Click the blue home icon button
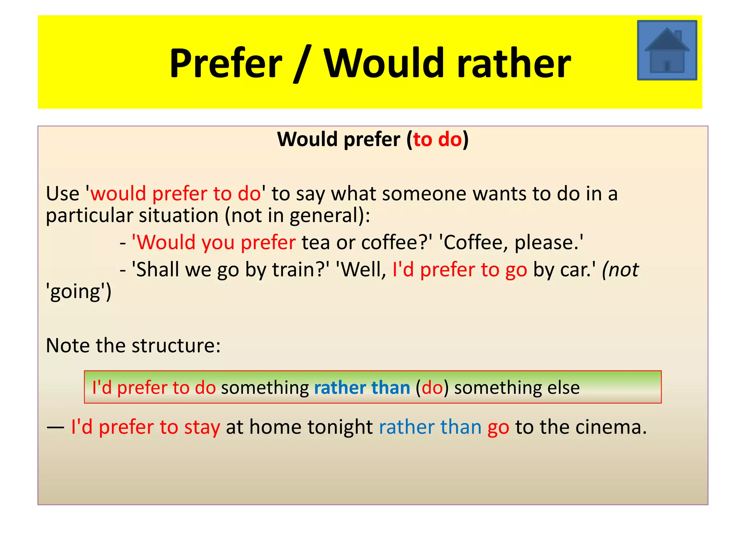(x=667, y=50)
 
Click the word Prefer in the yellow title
(x=226, y=64)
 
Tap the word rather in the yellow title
(x=513, y=64)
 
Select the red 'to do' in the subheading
(x=437, y=139)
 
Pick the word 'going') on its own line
(x=79, y=292)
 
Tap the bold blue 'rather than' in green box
(x=362, y=388)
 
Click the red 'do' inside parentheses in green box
(x=432, y=388)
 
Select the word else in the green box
(x=563, y=388)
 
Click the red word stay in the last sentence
(x=202, y=427)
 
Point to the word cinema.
(x=611, y=427)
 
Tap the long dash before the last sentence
(x=55, y=427)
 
